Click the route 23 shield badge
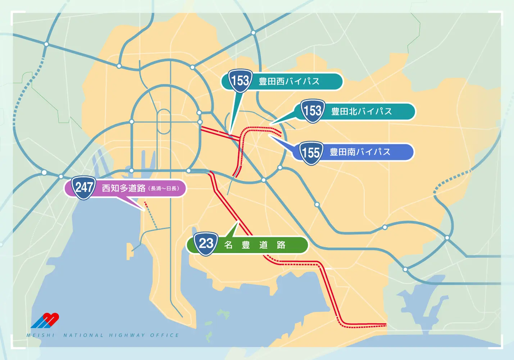tap(206, 244)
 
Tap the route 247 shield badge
tap(84, 188)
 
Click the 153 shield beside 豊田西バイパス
tap(240, 80)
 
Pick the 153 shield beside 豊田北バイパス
tap(313, 111)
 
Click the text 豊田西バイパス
tap(289, 81)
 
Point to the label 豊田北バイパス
tap(361, 112)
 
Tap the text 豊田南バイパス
tap(360, 152)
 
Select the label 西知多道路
tap(123, 188)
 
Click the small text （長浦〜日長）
tap(164, 189)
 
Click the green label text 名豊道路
tap(255, 245)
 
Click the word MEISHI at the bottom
tap(41, 335)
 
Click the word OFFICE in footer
tap(164, 335)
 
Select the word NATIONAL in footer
tap(83, 335)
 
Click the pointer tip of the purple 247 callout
tap(143, 210)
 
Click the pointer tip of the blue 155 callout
tap(270, 136)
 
